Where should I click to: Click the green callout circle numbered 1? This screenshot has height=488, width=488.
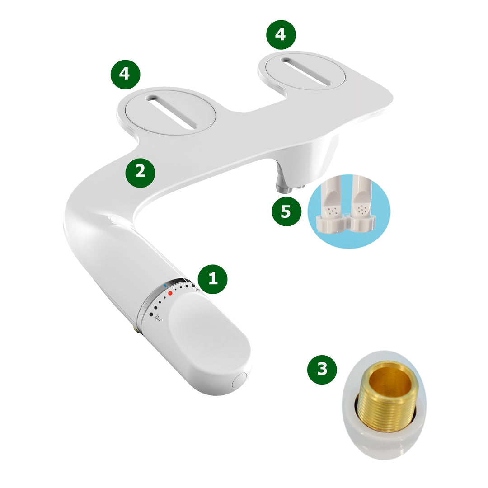pos(212,279)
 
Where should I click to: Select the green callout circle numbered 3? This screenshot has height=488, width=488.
pos(322,370)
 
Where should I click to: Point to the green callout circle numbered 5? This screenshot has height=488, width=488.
pos(286,211)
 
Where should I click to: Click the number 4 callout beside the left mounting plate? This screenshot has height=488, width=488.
pos(125,74)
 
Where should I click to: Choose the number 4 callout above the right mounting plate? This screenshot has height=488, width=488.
pos(281,34)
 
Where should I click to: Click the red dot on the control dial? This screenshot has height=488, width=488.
pos(170,293)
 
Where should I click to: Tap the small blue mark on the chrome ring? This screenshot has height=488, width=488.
pos(165,286)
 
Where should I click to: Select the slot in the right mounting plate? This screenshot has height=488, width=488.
pos(306,71)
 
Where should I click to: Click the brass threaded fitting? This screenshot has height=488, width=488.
pos(386,398)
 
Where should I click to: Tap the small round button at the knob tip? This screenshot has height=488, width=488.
pos(239,380)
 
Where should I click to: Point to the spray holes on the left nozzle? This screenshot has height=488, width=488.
pos(333,211)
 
